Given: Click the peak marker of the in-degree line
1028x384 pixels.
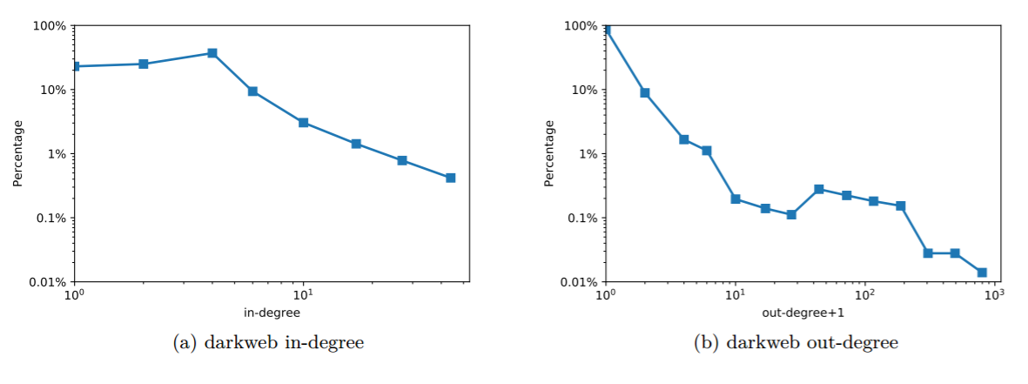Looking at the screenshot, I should [212, 53].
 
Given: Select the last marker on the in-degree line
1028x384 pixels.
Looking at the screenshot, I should [451, 178].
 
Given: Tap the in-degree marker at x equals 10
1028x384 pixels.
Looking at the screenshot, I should [303, 123].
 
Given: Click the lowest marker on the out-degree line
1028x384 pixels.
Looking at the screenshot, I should [982, 273].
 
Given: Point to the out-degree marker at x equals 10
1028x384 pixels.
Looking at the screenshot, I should [736, 199].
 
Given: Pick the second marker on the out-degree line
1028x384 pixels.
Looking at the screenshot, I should [645, 93].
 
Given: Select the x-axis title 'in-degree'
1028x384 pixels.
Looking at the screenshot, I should [272, 312].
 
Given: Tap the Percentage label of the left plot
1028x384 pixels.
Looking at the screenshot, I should [18, 153].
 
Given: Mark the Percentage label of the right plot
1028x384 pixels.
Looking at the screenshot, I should [549, 153].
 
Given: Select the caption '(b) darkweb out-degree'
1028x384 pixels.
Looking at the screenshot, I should [796, 343].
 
